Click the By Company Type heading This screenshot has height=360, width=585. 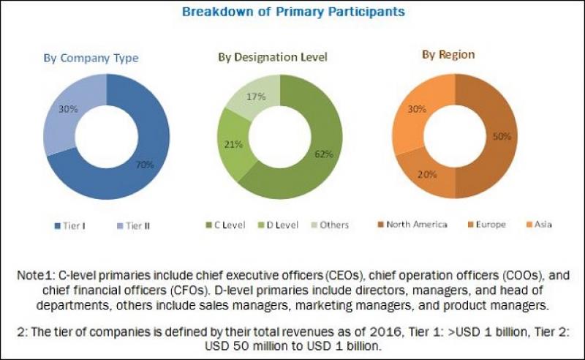click(x=102, y=58)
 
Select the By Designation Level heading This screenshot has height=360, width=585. click(x=272, y=57)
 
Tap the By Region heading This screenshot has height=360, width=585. click(x=448, y=54)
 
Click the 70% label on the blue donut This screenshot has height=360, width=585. click(x=144, y=165)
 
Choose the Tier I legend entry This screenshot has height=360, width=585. click(x=72, y=225)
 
